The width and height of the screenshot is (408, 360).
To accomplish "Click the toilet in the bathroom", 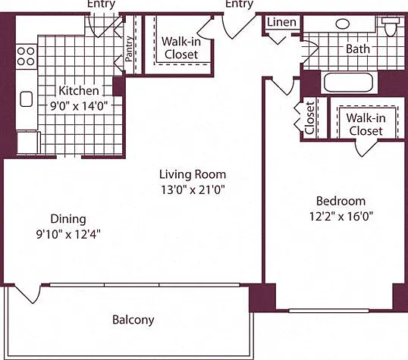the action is pos(391,27).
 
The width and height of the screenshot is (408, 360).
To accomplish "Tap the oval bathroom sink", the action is pos(343,24).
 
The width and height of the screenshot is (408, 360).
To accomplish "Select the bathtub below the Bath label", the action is pos(349,82).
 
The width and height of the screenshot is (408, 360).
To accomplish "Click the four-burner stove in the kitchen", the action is pos(26,56).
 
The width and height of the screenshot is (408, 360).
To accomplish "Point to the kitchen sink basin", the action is pos(27,99).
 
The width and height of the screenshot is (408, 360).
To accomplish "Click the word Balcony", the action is pos(133,320).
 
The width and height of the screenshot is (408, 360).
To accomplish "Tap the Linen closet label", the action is pos(282,23).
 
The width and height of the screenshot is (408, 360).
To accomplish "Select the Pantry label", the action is pos(129,49).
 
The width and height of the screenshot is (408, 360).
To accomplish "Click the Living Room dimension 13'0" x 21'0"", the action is pos(193,189).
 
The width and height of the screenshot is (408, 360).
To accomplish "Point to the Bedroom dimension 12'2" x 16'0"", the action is pos(341,216).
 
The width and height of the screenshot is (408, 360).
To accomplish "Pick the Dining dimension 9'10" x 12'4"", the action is pos(68,234).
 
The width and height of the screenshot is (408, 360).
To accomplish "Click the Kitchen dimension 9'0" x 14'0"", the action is pos(79,106).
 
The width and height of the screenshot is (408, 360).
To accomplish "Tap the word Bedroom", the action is pos(341,201).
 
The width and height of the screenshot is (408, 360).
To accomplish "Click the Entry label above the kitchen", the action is pos(101,4).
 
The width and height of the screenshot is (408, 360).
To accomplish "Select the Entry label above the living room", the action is pos(239,4).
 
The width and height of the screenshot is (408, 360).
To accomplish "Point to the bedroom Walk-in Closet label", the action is pos(366,124).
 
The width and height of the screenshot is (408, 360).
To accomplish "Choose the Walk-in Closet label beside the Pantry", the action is pos(181,48).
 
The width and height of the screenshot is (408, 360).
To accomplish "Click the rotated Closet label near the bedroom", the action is pos(309,117).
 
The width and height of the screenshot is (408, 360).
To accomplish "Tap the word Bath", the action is pos(358,49).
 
